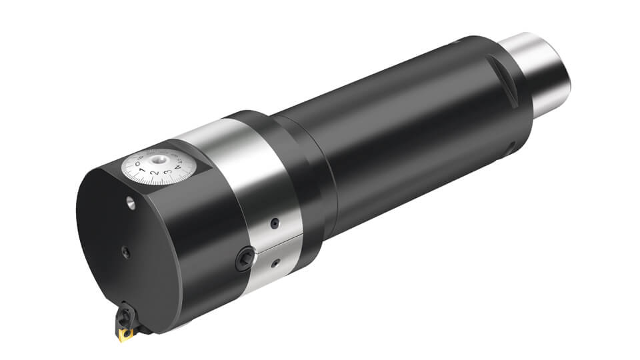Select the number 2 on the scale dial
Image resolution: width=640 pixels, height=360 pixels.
(155, 175)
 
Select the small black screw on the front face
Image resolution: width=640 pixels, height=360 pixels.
(125, 251)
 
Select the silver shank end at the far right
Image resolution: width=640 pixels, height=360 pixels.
(543, 67)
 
